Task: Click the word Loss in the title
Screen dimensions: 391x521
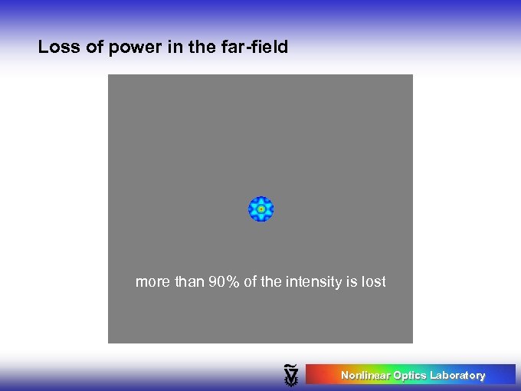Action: [x=57, y=48]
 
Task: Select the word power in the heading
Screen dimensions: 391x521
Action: [x=129, y=48]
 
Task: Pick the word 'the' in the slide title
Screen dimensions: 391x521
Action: [x=200, y=48]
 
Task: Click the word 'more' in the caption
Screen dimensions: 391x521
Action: [x=153, y=282]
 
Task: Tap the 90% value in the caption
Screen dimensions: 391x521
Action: [x=224, y=282]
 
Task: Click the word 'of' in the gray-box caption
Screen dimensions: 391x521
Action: [x=251, y=282]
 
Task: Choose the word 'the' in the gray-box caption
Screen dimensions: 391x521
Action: [x=271, y=282]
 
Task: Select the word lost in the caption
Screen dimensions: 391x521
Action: [x=374, y=282]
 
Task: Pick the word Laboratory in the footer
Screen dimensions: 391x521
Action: [x=457, y=376]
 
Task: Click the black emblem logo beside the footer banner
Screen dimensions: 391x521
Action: [x=290, y=375]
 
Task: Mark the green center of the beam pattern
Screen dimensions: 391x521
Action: [x=261, y=209]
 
